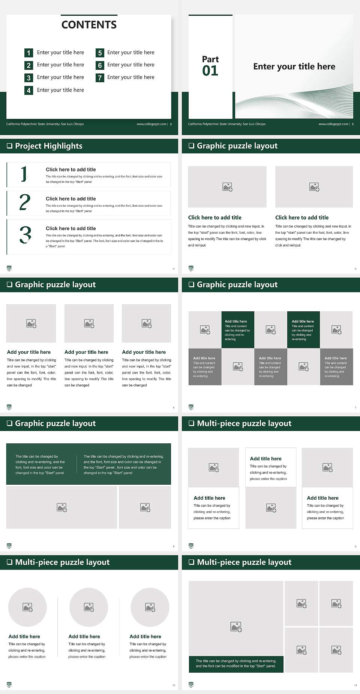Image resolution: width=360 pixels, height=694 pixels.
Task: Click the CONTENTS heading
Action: (89, 25)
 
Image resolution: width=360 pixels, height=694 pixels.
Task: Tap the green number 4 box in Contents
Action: (28, 90)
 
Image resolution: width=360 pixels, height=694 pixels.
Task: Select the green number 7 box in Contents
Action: (100, 78)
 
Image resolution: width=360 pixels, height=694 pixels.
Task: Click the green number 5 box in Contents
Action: (100, 53)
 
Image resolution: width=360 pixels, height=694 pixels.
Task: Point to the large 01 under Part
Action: (210, 71)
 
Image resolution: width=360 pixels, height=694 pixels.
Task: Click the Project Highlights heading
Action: (48, 146)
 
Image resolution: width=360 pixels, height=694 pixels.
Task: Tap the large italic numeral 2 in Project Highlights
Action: (25, 202)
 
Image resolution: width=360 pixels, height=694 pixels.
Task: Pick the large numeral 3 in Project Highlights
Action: (25, 235)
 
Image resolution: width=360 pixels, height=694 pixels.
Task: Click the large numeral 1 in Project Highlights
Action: (24, 174)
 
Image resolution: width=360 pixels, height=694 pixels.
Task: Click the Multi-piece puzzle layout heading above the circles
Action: (62, 562)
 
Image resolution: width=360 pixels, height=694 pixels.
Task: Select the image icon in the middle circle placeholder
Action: (89, 607)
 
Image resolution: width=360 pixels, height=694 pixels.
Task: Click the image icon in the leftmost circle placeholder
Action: (28, 607)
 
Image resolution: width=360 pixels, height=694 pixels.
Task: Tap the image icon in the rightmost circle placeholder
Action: (150, 607)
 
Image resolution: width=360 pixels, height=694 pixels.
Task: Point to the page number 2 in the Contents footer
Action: (171, 124)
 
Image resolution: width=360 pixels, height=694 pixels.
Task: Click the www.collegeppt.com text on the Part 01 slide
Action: (333, 124)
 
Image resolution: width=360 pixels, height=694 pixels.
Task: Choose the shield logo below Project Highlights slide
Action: (9, 268)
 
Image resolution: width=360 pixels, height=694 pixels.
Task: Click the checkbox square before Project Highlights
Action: (9, 146)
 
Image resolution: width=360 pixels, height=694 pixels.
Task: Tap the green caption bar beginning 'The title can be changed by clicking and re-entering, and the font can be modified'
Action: (236, 663)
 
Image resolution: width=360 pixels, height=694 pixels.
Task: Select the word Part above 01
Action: (210, 59)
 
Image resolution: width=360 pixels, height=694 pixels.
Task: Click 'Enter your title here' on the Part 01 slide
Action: (294, 67)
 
